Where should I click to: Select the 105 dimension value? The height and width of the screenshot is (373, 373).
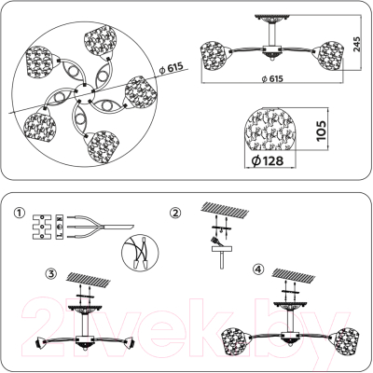click(319, 131)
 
